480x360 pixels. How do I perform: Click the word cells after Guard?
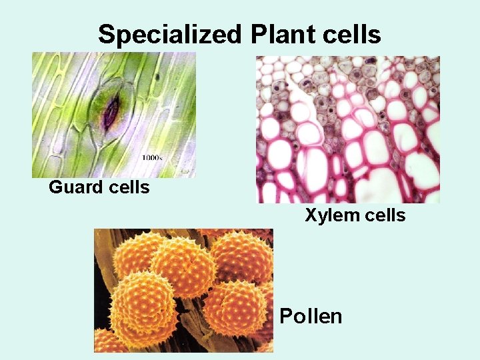127,187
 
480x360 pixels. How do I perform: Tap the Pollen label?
311,316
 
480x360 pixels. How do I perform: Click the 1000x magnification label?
153,158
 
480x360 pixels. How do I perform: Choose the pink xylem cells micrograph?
348,129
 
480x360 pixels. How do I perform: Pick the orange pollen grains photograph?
183,290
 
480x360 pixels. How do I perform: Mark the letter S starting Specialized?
106,34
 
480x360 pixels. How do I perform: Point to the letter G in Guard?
55,187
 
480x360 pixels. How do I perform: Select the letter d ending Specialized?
239,34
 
